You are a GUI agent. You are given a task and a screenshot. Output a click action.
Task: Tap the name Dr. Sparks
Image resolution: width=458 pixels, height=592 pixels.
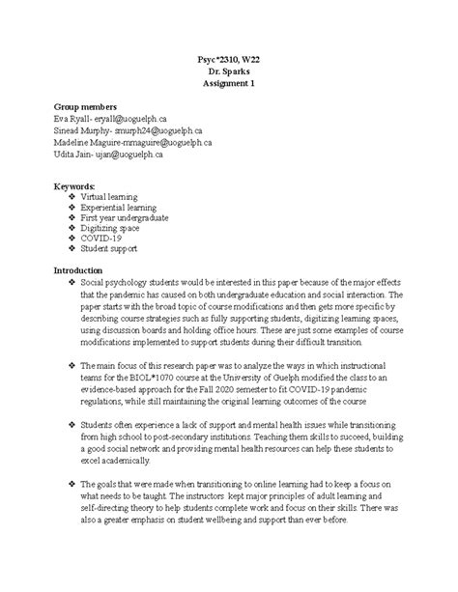point(228,72)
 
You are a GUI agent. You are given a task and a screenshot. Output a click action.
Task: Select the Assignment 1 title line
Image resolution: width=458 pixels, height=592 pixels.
point(228,84)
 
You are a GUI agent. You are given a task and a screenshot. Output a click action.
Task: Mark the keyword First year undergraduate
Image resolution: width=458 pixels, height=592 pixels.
point(127,218)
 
